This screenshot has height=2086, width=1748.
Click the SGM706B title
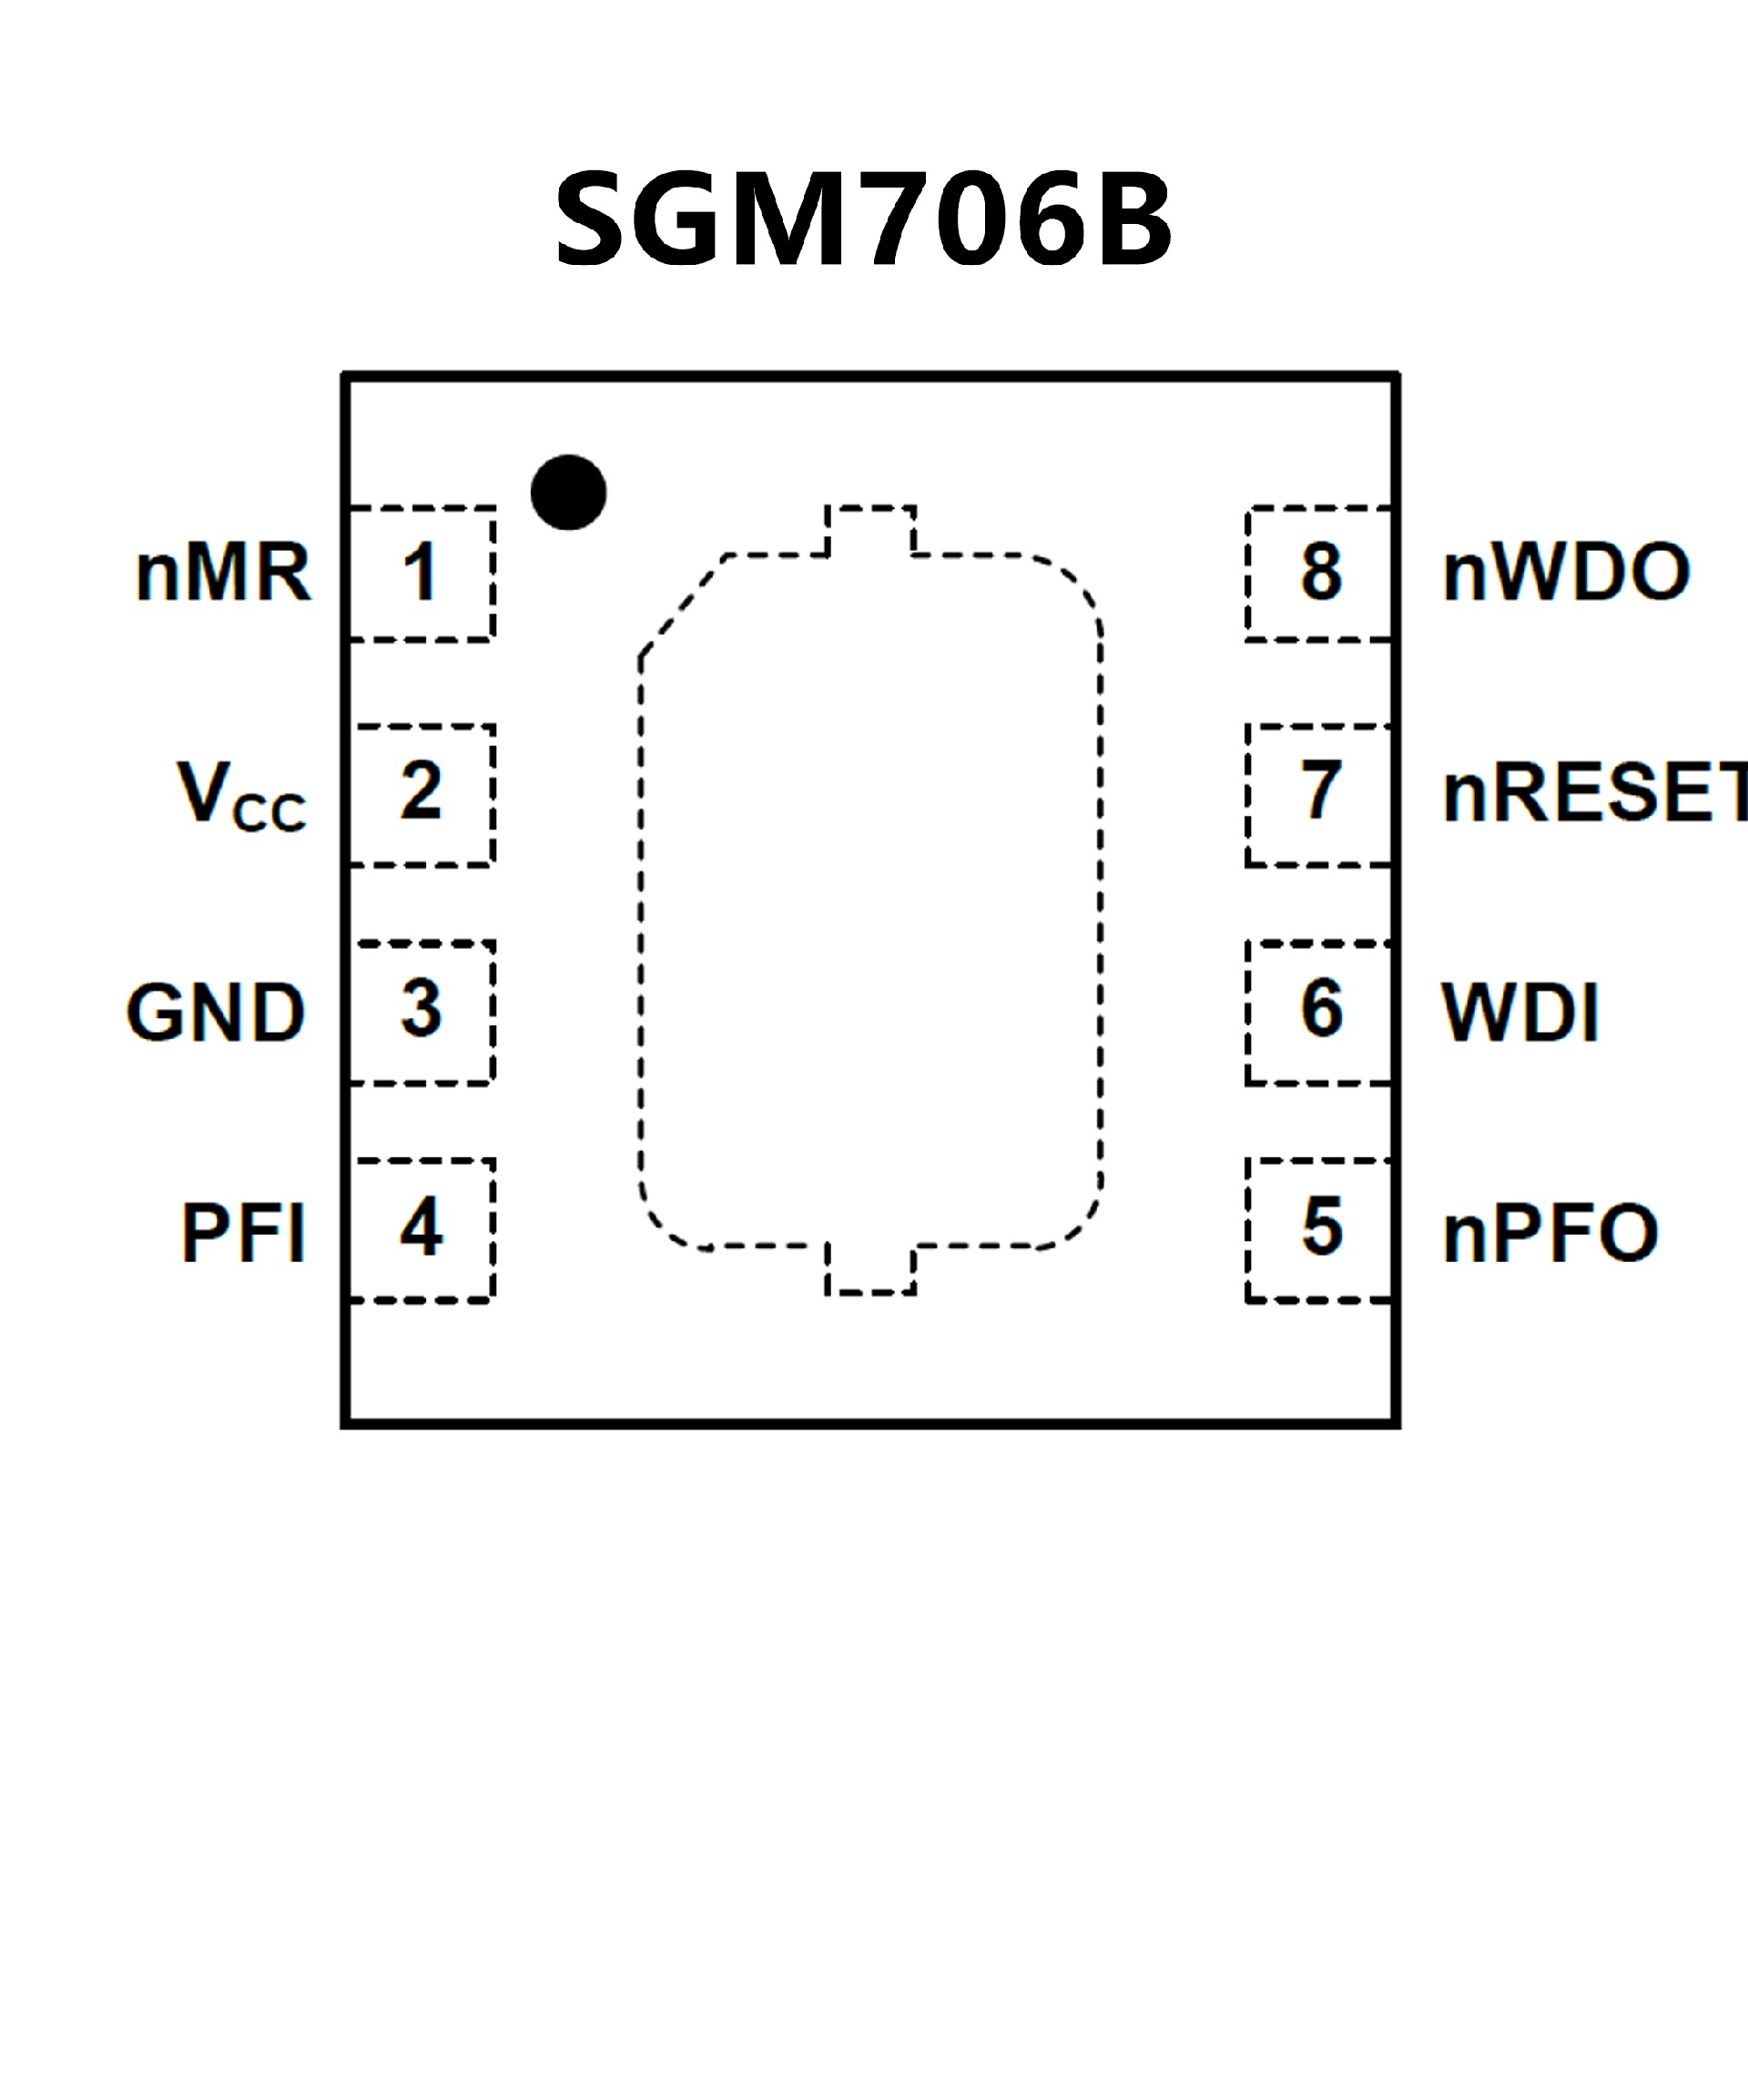(864, 219)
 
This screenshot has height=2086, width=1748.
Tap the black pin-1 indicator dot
(568, 493)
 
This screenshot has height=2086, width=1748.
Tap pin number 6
(1322, 1009)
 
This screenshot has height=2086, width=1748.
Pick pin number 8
(1322, 573)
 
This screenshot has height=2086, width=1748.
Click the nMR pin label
(223, 573)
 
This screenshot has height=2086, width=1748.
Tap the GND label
(216, 1013)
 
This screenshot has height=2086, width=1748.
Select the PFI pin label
(243, 1233)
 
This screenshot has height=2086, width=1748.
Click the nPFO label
(1550, 1233)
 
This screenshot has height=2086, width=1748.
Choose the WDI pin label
(1520, 1013)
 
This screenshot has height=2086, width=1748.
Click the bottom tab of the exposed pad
(870, 1269)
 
